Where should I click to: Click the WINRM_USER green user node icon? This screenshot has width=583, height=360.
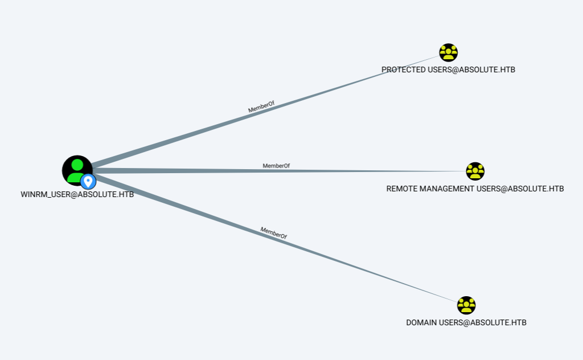coord(76,169)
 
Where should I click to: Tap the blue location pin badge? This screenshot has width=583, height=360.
coord(88,182)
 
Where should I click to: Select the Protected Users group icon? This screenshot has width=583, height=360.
coord(449,52)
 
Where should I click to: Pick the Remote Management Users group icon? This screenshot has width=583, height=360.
coord(475,171)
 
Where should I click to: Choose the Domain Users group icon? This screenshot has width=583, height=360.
coord(466,305)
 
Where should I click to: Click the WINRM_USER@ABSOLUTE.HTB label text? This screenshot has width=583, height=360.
coord(77,194)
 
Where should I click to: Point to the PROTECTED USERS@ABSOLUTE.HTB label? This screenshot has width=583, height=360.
coord(448,69)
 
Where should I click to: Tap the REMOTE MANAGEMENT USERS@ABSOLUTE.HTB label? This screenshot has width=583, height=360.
coord(475,189)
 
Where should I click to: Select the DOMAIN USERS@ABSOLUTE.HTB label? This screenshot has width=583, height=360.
coord(466,322)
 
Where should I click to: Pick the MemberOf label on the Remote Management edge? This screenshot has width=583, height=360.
coord(276,166)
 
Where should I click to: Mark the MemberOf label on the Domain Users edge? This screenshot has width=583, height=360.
coord(273,232)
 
